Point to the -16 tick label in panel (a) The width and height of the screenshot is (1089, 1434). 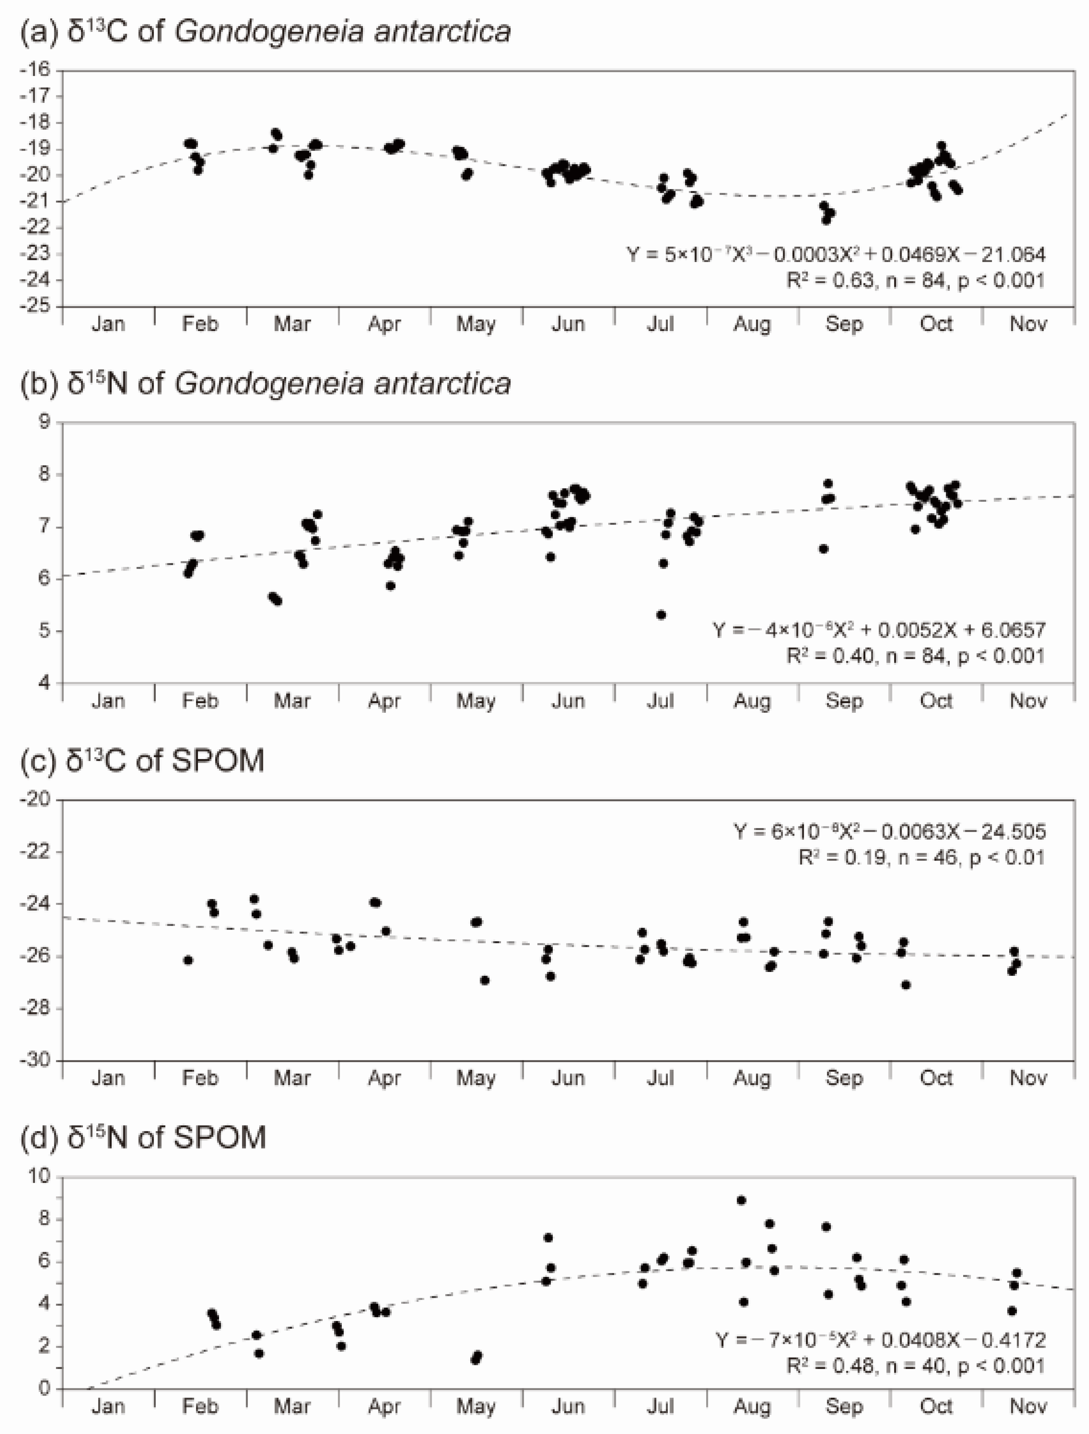(x=38, y=69)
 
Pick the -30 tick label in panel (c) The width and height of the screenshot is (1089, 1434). (x=38, y=1061)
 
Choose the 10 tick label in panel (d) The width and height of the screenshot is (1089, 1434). (x=40, y=1177)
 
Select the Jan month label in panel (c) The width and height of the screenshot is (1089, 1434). (x=108, y=1078)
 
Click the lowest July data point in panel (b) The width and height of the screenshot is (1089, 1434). (x=661, y=615)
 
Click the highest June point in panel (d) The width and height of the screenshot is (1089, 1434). (x=548, y=1238)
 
